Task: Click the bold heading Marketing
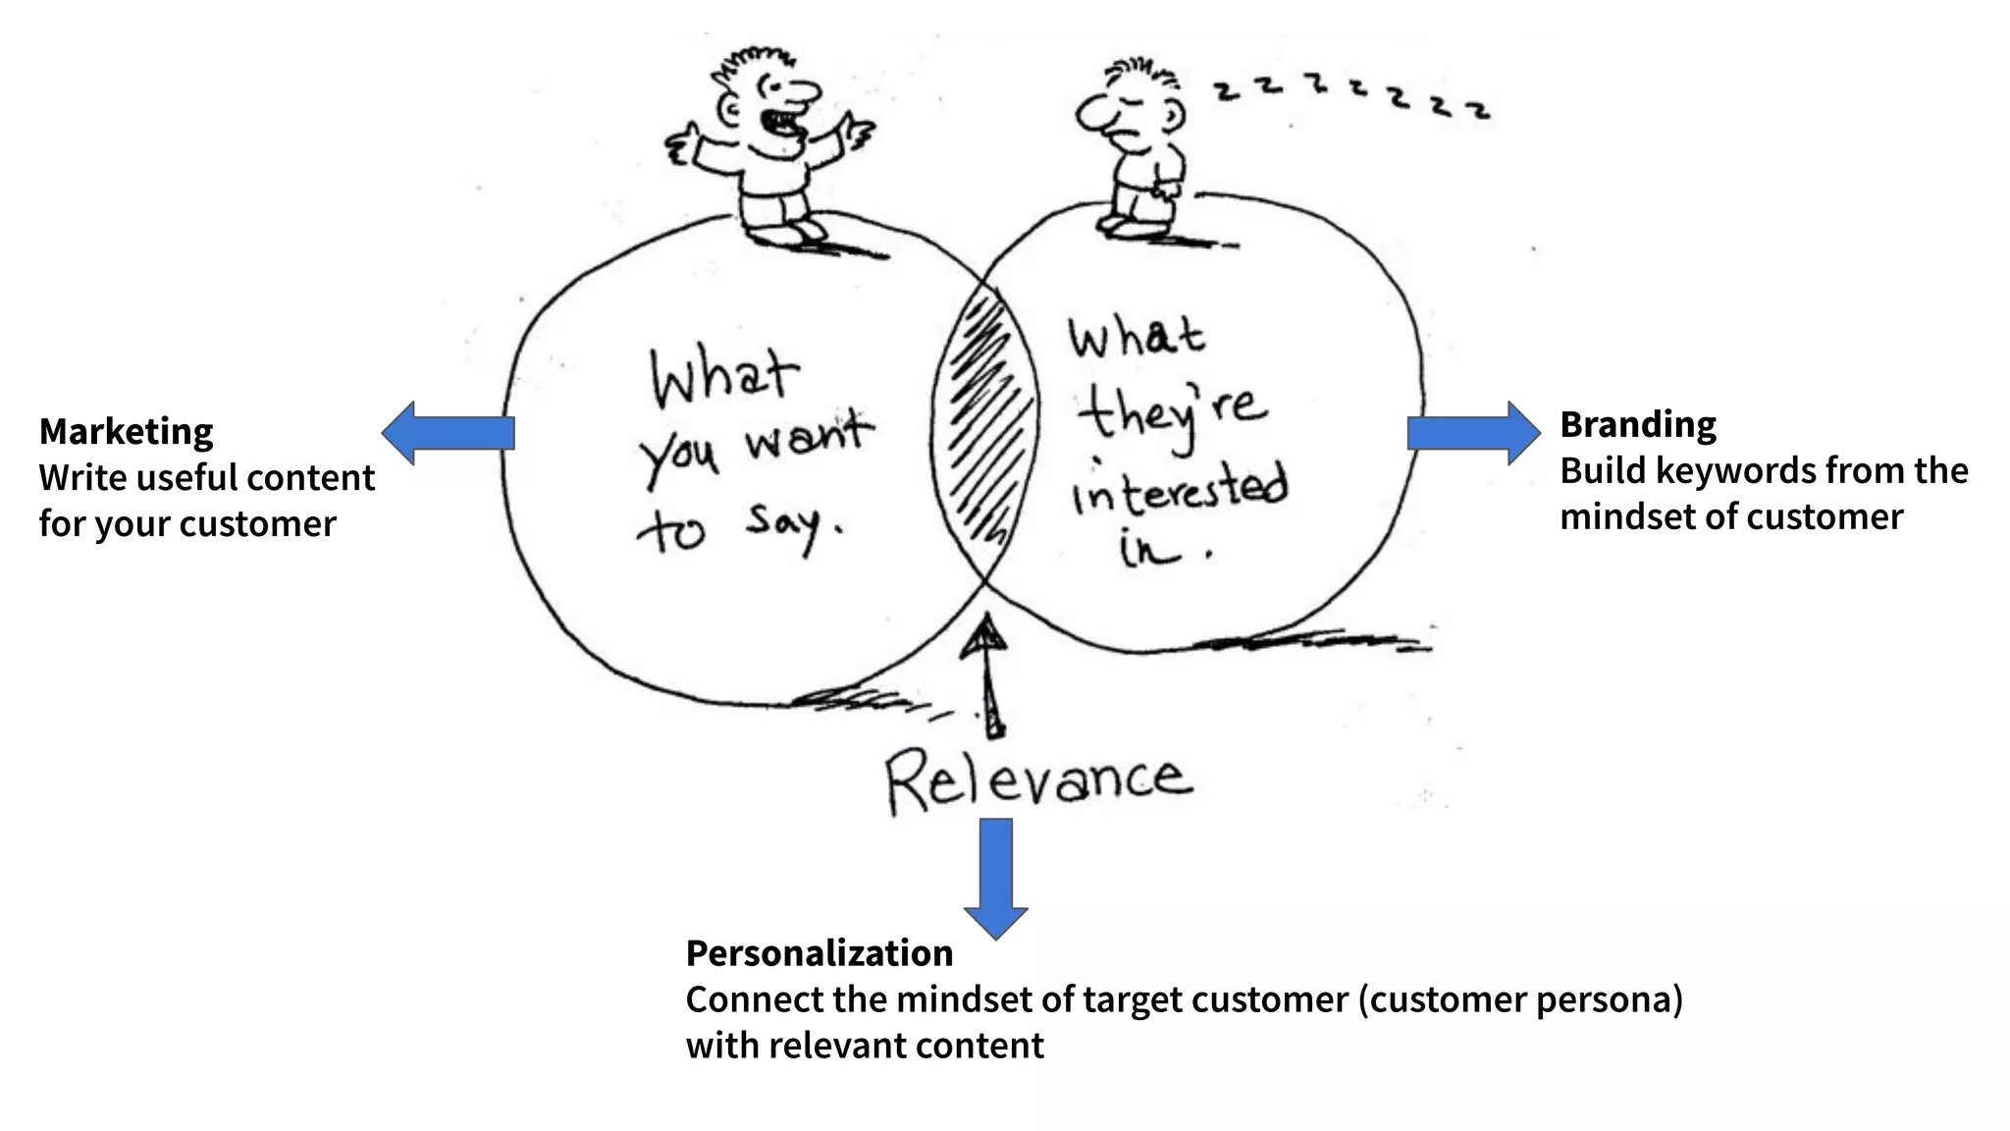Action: point(126,432)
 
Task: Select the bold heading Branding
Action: point(1638,425)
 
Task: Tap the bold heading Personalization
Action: point(819,953)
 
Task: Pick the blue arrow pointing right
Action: point(1473,433)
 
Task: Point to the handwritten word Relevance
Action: point(1038,781)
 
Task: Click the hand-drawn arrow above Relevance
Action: point(989,677)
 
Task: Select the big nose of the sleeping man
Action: point(1091,115)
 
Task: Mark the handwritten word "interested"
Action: point(1178,488)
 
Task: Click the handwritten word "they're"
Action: point(1173,412)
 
